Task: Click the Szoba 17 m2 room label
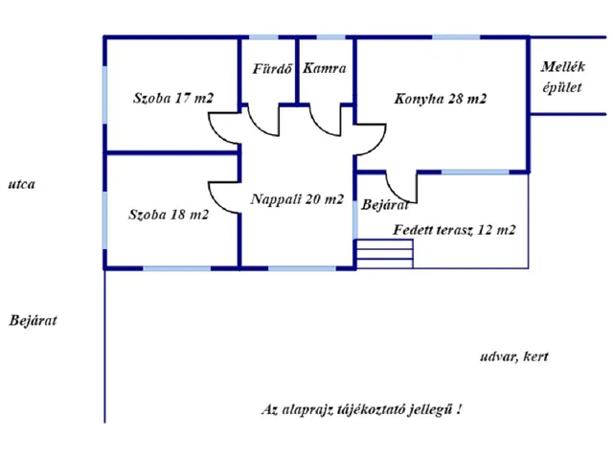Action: (x=173, y=98)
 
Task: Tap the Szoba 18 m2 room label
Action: (x=169, y=215)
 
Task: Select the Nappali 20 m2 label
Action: (x=297, y=199)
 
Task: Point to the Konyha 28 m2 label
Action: (x=441, y=99)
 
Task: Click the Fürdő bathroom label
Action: (x=272, y=69)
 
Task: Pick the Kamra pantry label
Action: (x=325, y=68)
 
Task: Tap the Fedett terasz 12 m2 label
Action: (x=454, y=230)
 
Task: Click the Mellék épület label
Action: (x=563, y=77)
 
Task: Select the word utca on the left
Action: (x=21, y=184)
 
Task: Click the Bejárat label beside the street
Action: (x=34, y=320)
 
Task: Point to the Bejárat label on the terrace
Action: (x=385, y=204)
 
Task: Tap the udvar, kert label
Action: (x=514, y=356)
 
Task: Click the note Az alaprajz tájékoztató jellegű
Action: (x=361, y=409)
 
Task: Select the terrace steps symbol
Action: (x=385, y=254)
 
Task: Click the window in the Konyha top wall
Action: (x=456, y=37)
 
